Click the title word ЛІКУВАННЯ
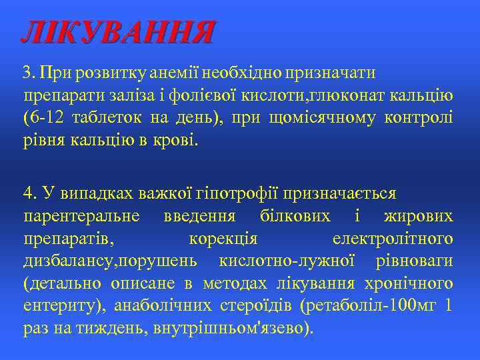click(118, 32)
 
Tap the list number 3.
click(27, 71)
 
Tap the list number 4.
click(28, 193)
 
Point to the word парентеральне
click(81, 216)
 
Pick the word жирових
click(419, 216)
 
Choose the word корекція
click(224, 239)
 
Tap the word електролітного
click(393, 239)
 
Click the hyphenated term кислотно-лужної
click(297, 261)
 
